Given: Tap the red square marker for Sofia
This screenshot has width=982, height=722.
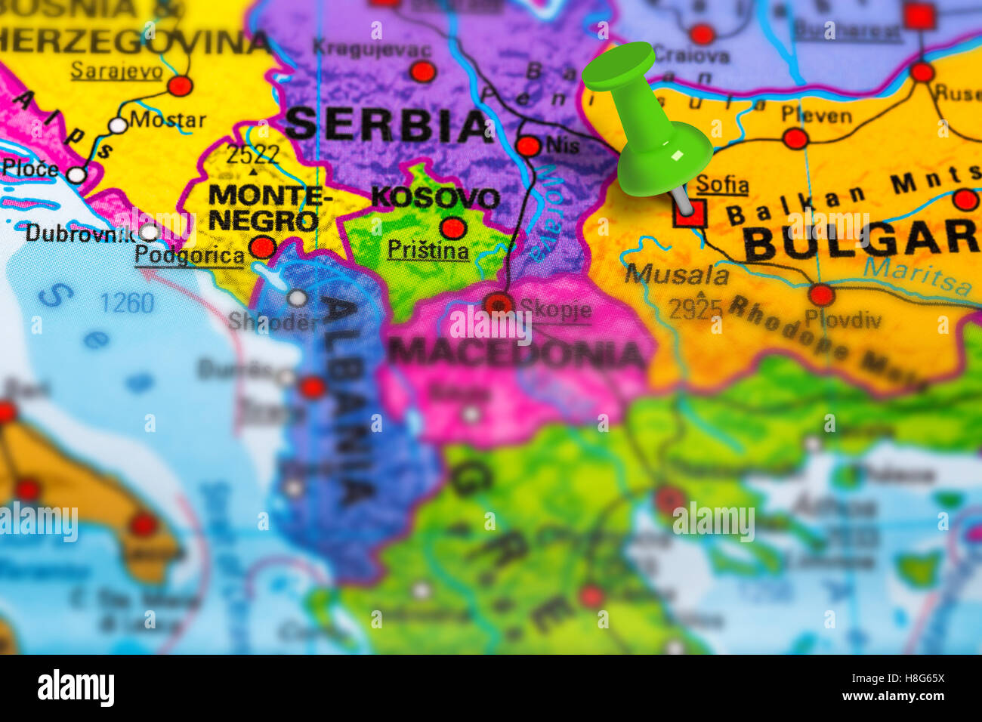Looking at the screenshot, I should tap(689, 213).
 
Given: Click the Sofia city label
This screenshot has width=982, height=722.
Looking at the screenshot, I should tap(722, 184).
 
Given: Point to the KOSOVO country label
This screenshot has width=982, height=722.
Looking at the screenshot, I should tap(435, 198).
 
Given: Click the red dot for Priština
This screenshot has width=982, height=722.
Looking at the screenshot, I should tap(453, 227).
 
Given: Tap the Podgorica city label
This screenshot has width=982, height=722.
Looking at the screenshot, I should tap(190, 255).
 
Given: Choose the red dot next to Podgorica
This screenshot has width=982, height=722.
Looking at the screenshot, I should tap(262, 247).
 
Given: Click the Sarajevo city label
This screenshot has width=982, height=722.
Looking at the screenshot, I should tap(116, 70).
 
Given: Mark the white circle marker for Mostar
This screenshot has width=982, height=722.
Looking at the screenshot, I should tap(118, 125).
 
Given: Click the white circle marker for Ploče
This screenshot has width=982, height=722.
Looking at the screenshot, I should tap(76, 175).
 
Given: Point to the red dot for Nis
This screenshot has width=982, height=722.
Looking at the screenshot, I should tap(529, 146).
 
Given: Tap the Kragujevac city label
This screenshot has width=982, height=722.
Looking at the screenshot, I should tap(372, 50).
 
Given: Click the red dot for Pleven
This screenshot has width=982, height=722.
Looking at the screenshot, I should tap(795, 138).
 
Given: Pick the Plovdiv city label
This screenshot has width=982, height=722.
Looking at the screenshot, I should tap(842, 319).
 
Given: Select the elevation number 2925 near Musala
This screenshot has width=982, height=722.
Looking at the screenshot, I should tap(696, 308).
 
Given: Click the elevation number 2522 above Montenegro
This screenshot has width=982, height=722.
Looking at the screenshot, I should tap(253, 154).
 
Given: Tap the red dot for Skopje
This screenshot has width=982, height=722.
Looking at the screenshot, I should tap(499, 304).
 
